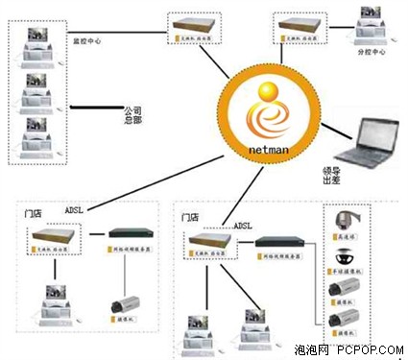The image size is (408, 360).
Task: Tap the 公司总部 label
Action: pos(134,114)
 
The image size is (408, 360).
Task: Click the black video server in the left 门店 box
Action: pos(131,233)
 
